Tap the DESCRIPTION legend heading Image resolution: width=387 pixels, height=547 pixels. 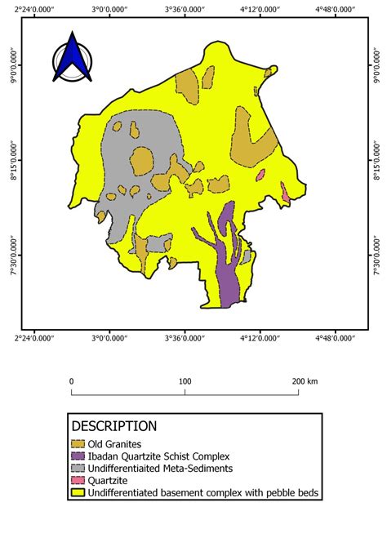(114, 426)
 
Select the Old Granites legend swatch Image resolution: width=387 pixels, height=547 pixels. (78, 443)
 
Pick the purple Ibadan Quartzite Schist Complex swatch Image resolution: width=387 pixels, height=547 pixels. (78, 456)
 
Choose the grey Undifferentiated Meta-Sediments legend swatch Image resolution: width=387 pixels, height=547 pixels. (78, 469)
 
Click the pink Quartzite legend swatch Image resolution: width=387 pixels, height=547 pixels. (78, 481)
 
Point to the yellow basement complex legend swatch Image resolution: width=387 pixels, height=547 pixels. (78, 493)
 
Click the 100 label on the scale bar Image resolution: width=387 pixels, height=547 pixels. (185, 381)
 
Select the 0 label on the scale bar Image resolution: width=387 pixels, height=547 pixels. (72, 381)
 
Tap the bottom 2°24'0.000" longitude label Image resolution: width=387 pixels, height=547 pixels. (35, 336)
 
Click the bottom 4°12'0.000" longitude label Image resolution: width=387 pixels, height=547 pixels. (260, 336)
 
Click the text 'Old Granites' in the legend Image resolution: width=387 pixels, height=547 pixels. (114, 443)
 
